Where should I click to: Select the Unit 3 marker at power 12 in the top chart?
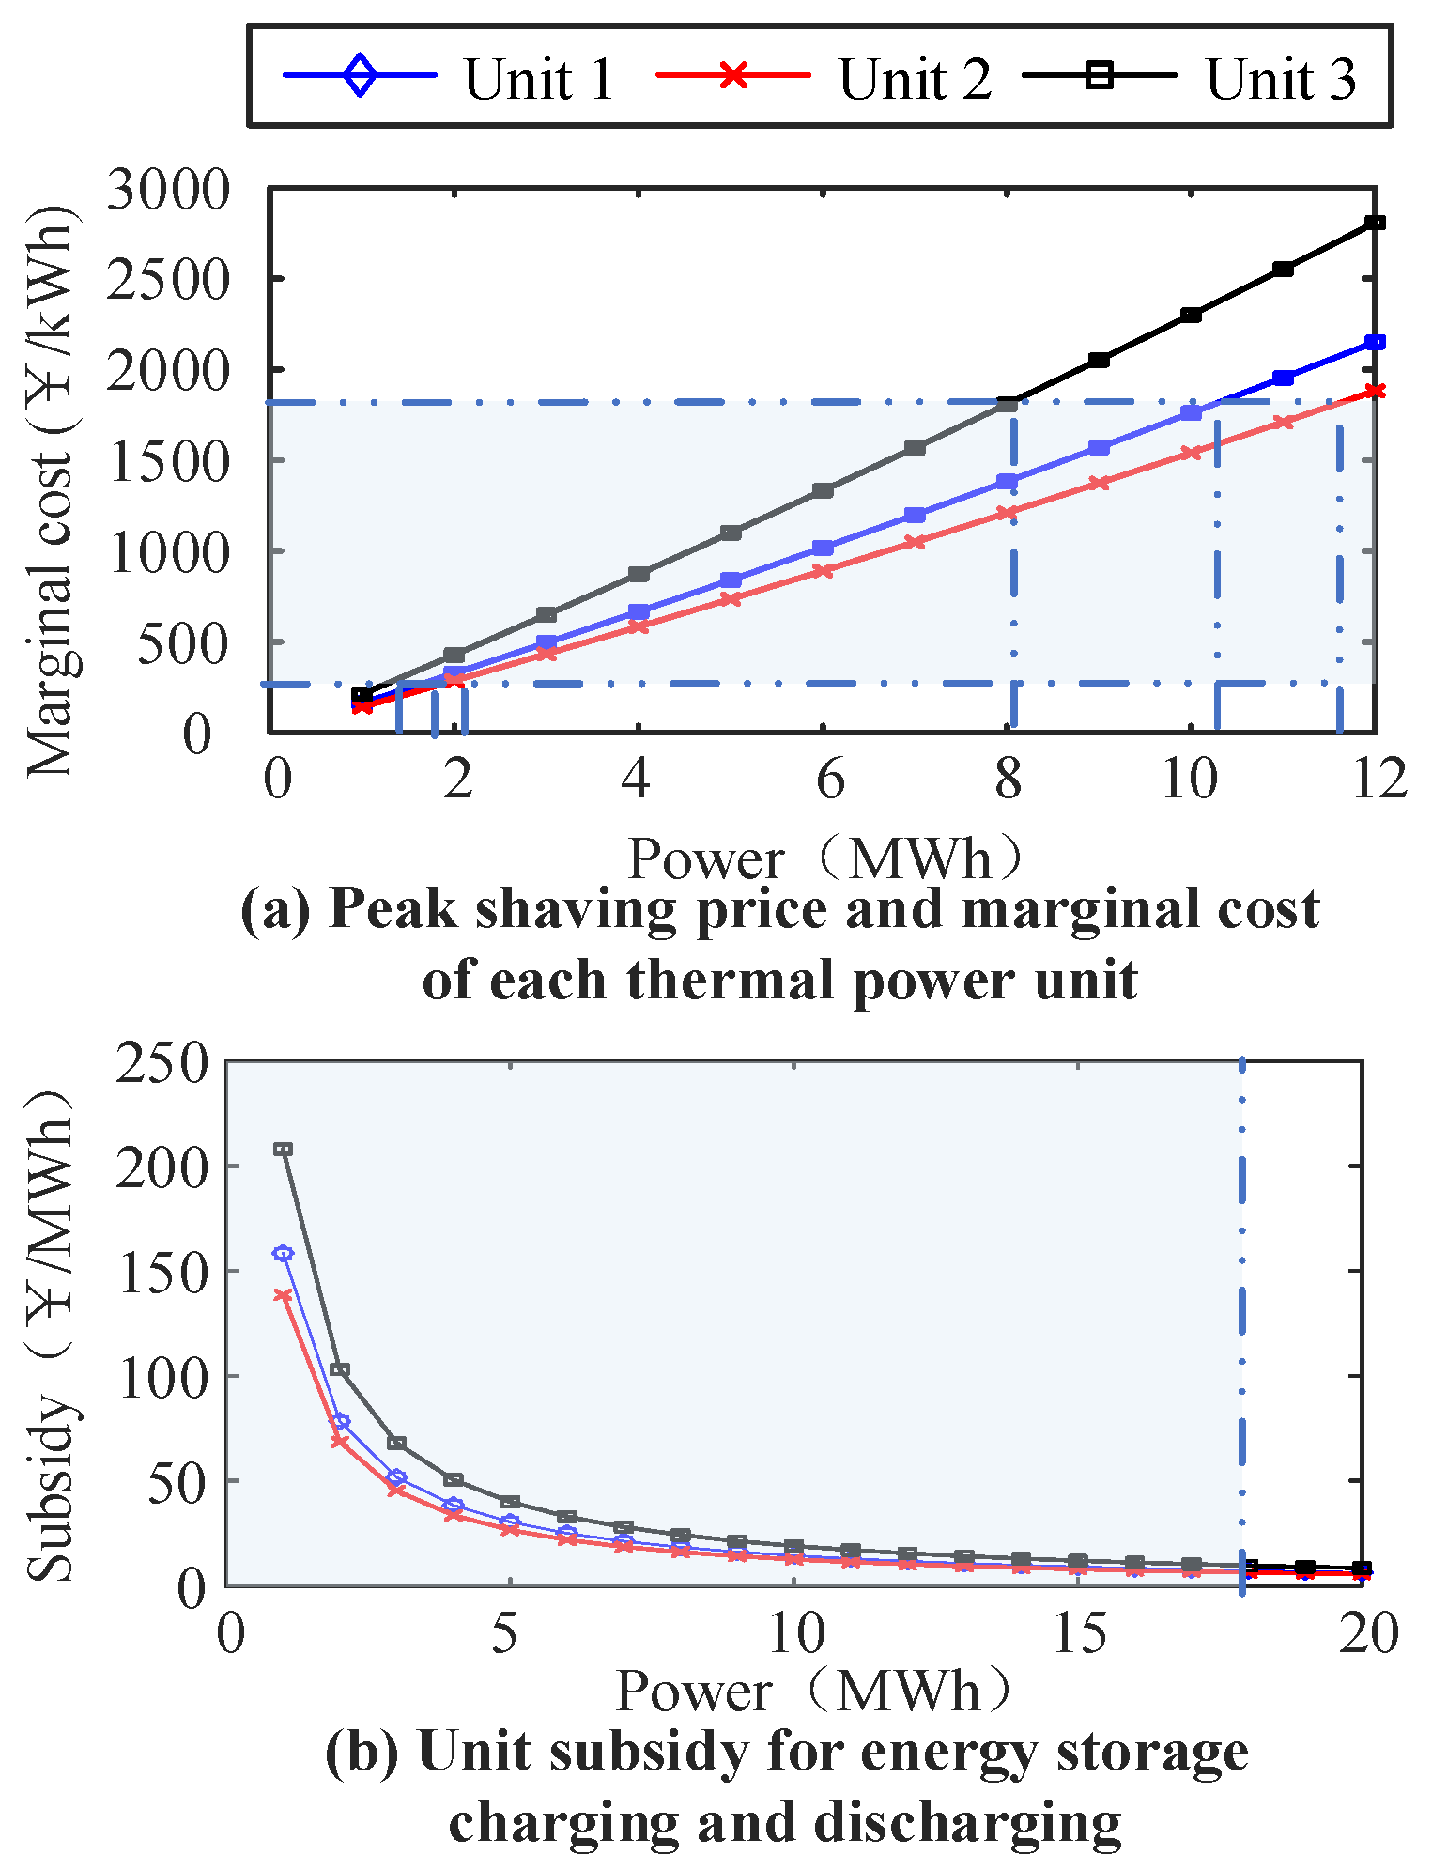click(1375, 223)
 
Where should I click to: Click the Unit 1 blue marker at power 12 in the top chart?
click(1375, 343)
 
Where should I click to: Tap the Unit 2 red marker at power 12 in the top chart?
click(1375, 391)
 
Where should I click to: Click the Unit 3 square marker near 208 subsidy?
click(283, 1149)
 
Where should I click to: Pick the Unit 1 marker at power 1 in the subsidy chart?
click(283, 1253)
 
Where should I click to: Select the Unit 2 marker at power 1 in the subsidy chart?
click(283, 1295)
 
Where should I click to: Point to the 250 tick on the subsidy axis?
click(160, 1064)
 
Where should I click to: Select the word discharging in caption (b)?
click(967, 1822)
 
